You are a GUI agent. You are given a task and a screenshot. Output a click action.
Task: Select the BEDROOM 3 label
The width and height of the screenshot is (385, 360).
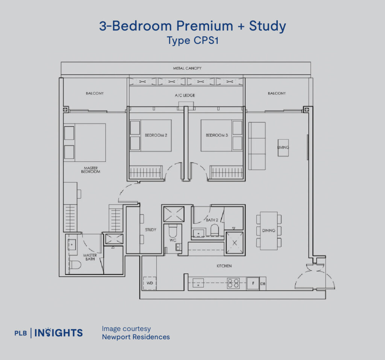pos(217,135)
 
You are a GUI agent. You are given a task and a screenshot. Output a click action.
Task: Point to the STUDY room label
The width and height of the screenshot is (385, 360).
pos(150,229)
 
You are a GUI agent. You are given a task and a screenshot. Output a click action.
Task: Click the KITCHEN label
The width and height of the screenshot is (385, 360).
pos(224,266)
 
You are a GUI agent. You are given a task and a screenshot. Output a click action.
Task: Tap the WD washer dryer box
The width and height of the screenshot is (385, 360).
pos(149,283)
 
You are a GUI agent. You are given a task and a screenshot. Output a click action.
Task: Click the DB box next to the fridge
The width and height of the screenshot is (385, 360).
pos(263,284)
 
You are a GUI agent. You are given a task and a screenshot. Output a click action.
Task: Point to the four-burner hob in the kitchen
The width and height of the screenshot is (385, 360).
pos(233,283)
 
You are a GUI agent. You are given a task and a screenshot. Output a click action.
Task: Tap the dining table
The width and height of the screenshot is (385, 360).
pos(269,231)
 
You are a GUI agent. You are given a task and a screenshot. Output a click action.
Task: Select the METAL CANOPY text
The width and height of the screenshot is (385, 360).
pos(187,68)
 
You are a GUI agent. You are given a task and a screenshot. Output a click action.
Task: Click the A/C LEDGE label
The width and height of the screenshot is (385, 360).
pos(185,96)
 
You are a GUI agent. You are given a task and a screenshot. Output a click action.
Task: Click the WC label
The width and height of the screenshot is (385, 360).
pos(173,240)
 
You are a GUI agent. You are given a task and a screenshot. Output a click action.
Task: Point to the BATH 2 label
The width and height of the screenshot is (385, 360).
pos(211,220)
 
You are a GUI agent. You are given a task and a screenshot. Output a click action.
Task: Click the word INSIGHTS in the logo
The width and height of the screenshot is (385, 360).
pos(59,333)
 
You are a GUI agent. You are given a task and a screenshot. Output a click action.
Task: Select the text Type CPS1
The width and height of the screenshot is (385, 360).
pos(192,41)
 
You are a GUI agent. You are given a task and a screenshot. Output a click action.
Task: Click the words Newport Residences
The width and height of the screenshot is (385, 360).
pos(136,337)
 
